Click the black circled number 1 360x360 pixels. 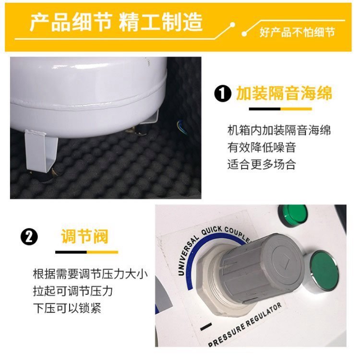(222, 94)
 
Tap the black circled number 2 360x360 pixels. (29, 237)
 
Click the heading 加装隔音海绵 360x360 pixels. (284, 94)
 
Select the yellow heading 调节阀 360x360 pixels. (84, 236)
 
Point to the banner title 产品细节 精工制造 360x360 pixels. (117, 22)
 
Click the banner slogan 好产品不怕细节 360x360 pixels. (297, 32)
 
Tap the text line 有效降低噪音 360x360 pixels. (262, 147)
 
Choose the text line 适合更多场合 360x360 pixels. (262, 164)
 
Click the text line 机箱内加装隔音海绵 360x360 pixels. (279, 130)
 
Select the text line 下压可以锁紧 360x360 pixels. (67, 308)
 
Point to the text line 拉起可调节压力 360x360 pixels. (73, 291)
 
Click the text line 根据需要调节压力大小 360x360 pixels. (90, 274)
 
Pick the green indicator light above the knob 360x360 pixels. (292, 215)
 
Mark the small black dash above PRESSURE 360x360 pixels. (206, 327)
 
